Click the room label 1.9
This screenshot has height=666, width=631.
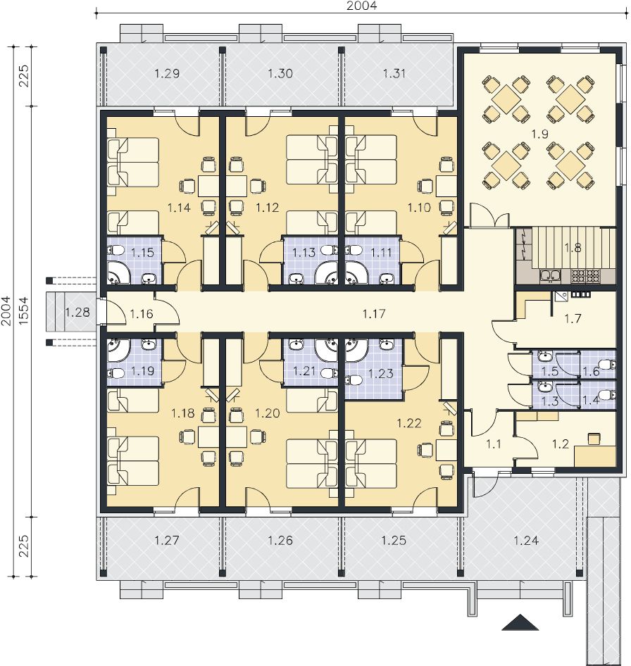[539, 134]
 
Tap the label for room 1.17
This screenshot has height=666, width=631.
[374, 314]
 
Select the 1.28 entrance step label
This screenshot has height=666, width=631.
[77, 313]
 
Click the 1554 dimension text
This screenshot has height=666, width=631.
[23, 311]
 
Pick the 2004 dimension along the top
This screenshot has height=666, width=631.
[361, 6]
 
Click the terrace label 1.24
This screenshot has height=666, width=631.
[526, 541]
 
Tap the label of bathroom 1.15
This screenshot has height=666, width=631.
[142, 253]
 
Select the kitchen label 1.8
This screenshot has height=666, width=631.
[573, 248]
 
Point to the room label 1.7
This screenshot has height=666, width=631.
[573, 318]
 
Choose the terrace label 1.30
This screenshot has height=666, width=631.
[280, 73]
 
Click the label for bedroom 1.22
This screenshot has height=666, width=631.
[408, 423]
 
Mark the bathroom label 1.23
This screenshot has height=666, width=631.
[381, 374]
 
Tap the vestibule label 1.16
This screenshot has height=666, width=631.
[141, 314]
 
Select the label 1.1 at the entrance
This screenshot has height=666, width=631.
[494, 444]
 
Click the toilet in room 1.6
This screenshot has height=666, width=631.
[611, 365]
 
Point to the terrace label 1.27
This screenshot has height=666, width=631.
[167, 541]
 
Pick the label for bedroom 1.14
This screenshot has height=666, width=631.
[179, 208]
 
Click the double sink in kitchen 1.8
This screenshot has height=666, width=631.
[551, 276]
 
